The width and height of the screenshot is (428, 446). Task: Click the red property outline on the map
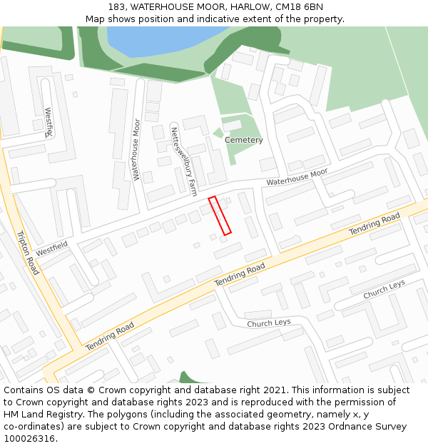(x=220, y=216)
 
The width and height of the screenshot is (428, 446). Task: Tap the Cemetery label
(x=244, y=140)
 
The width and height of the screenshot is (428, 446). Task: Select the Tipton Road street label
(x=27, y=253)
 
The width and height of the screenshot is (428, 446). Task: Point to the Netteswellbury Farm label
(x=183, y=161)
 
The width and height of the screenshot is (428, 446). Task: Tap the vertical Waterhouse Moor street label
(x=136, y=150)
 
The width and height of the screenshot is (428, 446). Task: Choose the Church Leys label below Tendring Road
(x=269, y=323)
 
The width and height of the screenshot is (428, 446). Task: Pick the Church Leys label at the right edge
(x=384, y=290)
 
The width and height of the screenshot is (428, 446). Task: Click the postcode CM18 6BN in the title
(x=300, y=6)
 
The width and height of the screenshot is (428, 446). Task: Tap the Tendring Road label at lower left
(x=110, y=336)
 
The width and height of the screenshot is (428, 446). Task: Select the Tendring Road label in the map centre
(x=240, y=275)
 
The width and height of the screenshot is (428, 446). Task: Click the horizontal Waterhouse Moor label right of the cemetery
(x=297, y=177)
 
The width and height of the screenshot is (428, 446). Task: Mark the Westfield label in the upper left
(x=49, y=122)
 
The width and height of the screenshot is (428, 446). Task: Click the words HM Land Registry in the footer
(x=36, y=415)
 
